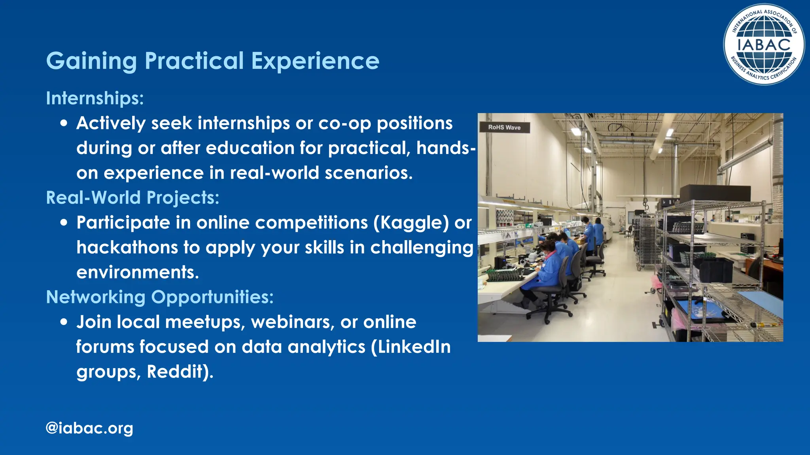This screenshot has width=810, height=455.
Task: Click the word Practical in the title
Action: (x=194, y=61)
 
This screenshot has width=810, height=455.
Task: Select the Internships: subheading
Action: (x=95, y=98)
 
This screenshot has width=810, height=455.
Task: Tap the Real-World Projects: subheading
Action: (x=132, y=197)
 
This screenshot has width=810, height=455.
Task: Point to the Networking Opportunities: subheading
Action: (x=159, y=297)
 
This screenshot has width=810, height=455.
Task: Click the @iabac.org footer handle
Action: (x=89, y=428)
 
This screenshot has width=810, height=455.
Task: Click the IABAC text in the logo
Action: (x=764, y=45)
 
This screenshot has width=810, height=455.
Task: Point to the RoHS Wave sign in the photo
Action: (x=504, y=127)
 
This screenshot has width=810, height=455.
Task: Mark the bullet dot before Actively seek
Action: (x=64, y=123)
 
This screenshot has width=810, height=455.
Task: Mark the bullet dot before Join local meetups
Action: (x=64, y=322)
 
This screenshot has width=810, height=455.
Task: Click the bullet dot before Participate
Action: (x=64, y=223)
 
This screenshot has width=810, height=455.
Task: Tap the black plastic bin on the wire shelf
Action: (x=714, y=270)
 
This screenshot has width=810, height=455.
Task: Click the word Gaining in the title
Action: (x=91, y=61)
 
